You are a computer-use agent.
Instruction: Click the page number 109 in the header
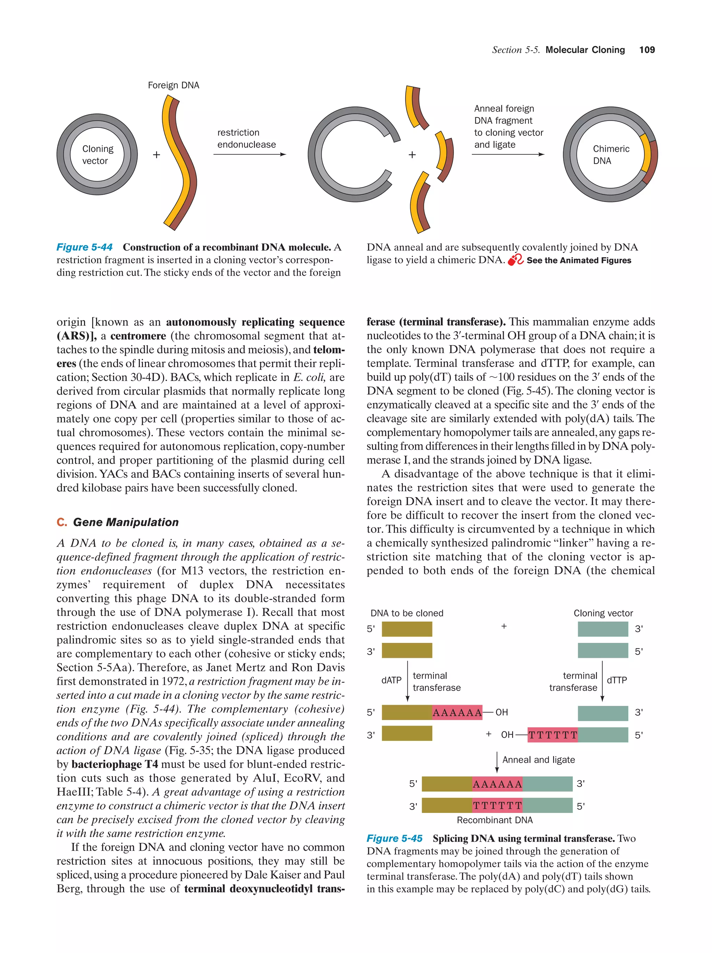tap(647, 50)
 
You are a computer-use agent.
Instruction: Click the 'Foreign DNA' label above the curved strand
tap(173, 85)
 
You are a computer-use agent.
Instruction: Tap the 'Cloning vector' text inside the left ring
tap(97, 155)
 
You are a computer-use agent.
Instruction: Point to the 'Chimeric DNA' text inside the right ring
tap(610, 155)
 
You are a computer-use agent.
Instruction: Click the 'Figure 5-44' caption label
tap(84, 247)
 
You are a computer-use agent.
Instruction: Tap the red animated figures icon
tap(515, 260)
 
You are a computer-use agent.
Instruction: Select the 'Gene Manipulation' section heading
tap(126, 522)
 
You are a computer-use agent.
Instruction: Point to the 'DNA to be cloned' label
tap(407, 613)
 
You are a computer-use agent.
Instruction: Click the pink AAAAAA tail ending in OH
tap(457, 713)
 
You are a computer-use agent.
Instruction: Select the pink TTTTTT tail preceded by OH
tap(553, 735)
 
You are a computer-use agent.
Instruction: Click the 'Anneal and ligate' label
tap(539, 760)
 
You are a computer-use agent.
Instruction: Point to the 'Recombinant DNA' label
tap(494, 820)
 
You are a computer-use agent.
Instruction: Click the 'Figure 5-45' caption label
tap(394, 838)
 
